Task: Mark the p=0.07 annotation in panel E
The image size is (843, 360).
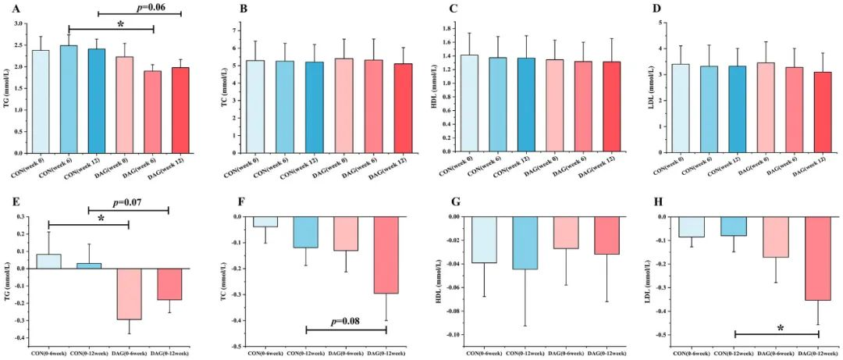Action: click(130, 202)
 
